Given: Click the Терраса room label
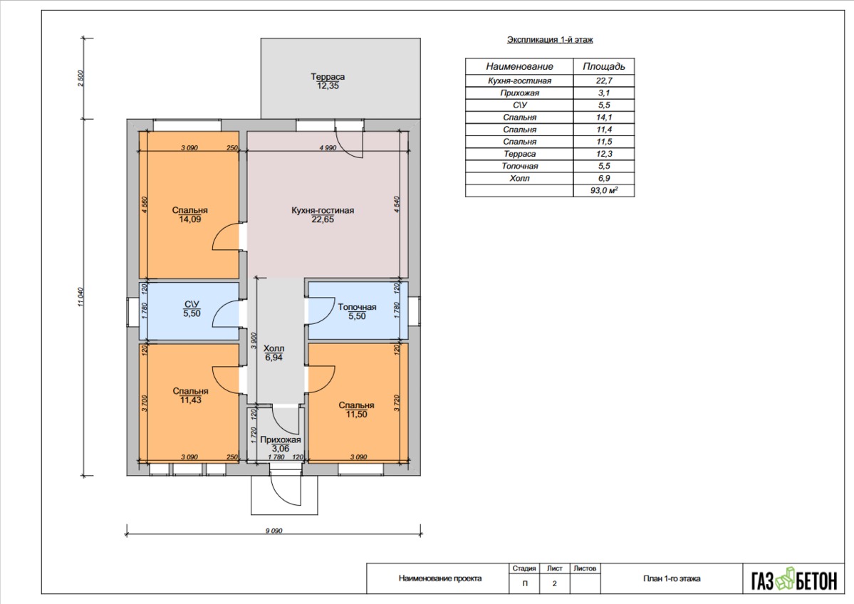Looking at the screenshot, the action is (328, 77).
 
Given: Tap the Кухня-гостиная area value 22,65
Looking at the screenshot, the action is (323, 219).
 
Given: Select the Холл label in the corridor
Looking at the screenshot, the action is (274, 348).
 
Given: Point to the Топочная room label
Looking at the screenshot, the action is (357, 307).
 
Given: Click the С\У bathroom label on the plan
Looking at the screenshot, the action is (192, 304).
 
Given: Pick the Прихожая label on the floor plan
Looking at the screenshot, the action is (281, 439).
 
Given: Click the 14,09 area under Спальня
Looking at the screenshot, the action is (189, 219).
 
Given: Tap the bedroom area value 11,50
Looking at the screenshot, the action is (356, 415).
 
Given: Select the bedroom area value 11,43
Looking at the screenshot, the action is (190, 400).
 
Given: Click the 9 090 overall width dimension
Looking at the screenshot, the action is (274, 531).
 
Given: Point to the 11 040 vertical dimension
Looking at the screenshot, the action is (80, 297).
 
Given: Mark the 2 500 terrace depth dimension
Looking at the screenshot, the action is (80, 78).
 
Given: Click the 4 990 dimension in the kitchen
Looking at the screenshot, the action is (328, 147).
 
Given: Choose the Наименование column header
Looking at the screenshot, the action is (519, 66).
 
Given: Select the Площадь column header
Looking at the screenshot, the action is (604, 66).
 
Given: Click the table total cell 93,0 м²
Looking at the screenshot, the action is (604, 191).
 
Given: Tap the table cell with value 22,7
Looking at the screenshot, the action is (604, 80).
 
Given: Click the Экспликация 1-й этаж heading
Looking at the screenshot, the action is (550, 40).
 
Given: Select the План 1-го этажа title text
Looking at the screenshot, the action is (672, 578).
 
